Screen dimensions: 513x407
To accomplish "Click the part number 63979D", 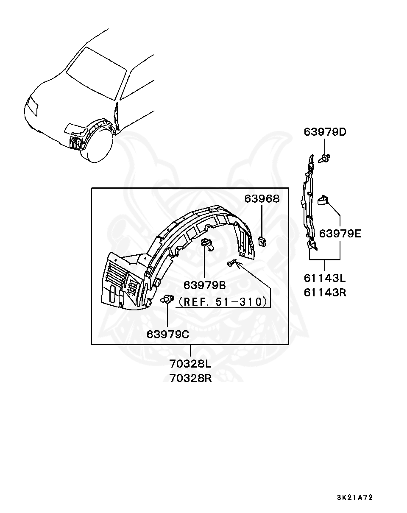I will (x=325, y=132).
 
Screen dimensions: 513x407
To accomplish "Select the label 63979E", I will (x=340, y=233).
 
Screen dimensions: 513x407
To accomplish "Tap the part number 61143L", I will (x=325, y=278).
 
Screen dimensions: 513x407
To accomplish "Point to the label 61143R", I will (x=325, y=292).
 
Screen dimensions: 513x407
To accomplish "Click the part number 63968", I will (x=262, y=198).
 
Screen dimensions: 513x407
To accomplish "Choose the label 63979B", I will (x=205, y=284).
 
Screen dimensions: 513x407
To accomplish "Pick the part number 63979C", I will (x=168, y=334).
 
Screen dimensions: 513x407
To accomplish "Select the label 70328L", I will (x=190, y=364).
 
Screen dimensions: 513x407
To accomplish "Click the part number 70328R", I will (x=190, y=378).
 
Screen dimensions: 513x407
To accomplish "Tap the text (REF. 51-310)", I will (x=223, y=301).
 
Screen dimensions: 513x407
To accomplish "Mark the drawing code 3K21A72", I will (x=355, y=497).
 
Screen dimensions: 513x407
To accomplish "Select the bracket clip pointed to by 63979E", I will (x=324, y=199).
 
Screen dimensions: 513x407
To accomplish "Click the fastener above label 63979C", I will (x=167, y=300).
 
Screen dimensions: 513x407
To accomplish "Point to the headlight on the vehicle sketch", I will (x=32, y=106).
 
